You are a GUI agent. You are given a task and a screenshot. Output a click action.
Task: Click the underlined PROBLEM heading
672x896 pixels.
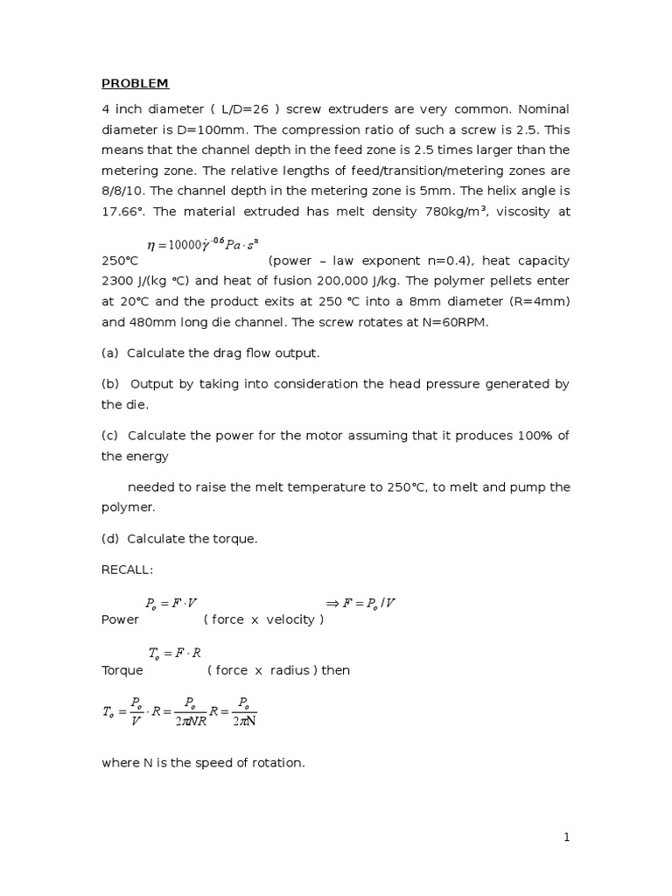coord(135,84)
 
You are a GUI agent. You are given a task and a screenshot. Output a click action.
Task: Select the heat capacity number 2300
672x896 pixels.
coord(120,281)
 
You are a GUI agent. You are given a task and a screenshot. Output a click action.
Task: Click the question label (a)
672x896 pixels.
coord(110,353)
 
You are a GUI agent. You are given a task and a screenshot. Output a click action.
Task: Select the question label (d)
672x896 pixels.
coord(110,539)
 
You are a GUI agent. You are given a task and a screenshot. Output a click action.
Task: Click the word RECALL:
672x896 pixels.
coord(127,570)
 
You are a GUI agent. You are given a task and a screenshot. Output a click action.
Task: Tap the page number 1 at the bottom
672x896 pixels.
coord(566,838)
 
